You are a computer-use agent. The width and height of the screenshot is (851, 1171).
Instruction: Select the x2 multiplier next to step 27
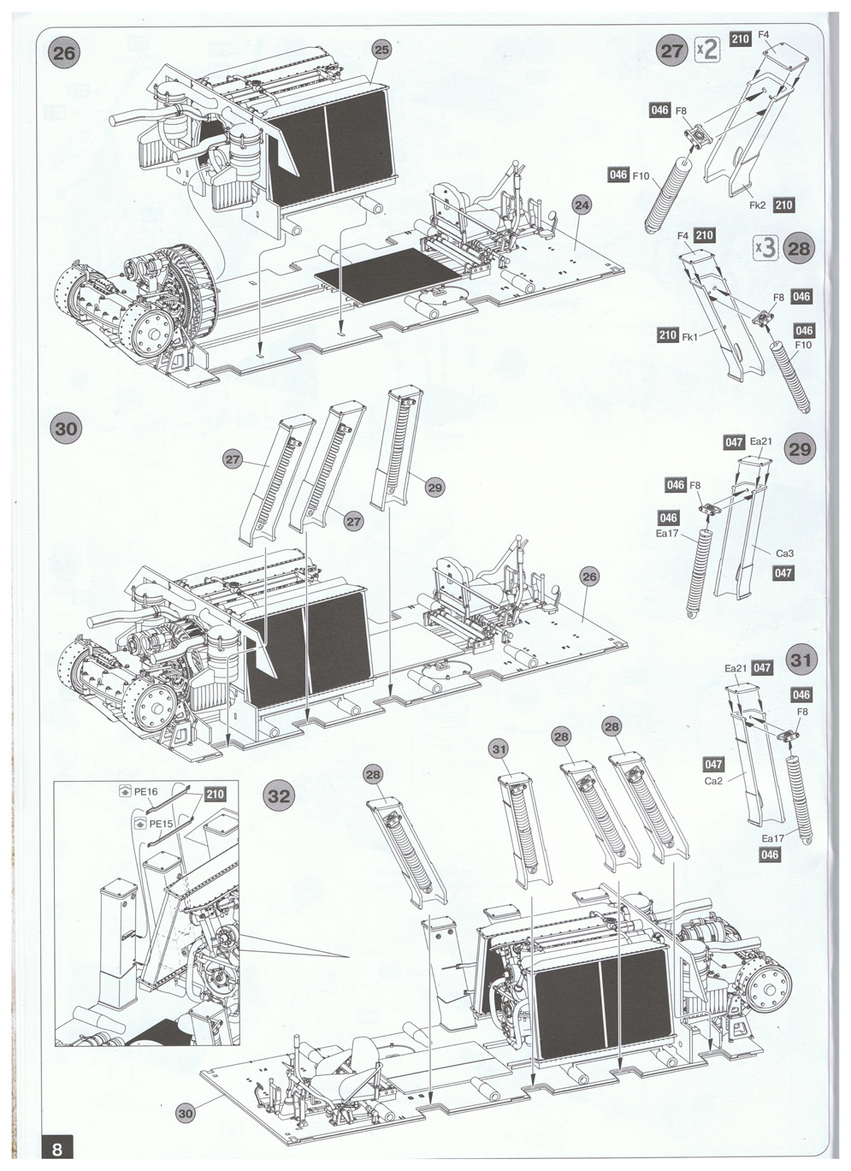click(707, 50)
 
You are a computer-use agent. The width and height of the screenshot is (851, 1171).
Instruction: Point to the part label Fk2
click(758, 205)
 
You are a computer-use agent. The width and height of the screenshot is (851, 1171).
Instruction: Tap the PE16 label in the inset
click(146, 791)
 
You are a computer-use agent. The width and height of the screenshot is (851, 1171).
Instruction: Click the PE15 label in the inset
click(161, 824)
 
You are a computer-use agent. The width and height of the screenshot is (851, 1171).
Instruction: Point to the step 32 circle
click(280, 795)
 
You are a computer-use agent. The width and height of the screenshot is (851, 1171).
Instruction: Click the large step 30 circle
click(66, 429)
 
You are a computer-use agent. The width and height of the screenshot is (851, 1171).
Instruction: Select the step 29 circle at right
click(801, 449)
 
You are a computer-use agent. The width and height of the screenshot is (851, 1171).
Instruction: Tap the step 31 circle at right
click(801, 659)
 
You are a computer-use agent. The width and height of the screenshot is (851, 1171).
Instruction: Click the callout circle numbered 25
click(381, 50)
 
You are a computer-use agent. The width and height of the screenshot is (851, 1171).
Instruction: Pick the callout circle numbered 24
click(582, 205)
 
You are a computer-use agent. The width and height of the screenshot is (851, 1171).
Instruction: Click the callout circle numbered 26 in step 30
click(589, 577)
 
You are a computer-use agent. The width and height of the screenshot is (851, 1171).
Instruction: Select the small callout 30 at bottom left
click(186, 1113)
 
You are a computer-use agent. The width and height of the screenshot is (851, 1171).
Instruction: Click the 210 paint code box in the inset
click(215, 794)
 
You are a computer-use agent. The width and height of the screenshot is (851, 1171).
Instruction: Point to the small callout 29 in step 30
click(435, 488)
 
